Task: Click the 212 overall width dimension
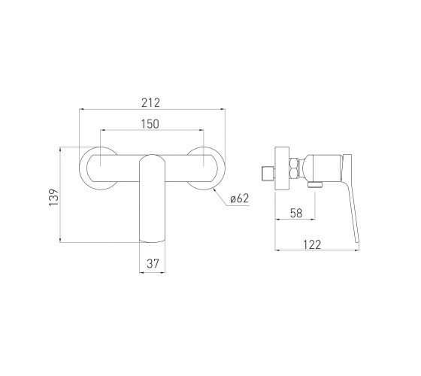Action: (150, 102)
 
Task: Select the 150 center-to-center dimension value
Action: (150, 124)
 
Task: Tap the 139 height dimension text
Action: (53, 197)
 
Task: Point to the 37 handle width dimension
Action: (153, 263)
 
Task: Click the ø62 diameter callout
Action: (240, 199)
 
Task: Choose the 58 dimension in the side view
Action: (296, 213)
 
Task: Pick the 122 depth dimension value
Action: (312, 244)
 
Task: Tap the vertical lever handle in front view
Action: (152, 199)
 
